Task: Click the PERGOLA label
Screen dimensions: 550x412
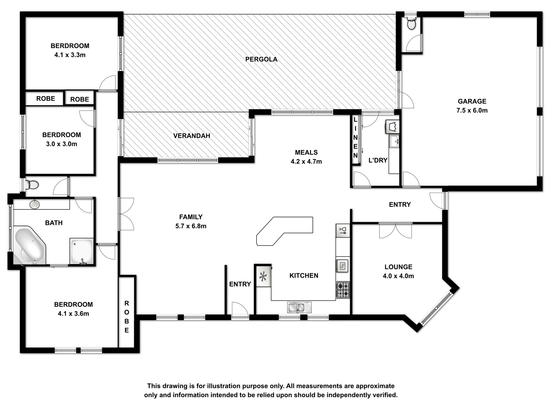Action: pos(261,59)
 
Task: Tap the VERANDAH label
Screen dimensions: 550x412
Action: pos(192,136)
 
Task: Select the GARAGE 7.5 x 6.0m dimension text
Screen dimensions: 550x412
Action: pos(472,110)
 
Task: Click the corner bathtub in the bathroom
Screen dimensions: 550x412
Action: pos(30,245)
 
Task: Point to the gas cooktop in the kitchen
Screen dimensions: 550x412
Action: pos(343,290)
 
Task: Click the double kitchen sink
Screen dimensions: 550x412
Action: pos(299,307)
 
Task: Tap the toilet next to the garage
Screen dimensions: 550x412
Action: pos(411,23)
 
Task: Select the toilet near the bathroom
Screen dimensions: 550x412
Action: pos(32,185)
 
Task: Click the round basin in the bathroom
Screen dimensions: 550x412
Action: pos(35,204)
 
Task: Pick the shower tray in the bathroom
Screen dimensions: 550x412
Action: pos(82,251)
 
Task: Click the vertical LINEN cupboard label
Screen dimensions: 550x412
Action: pos(355,138)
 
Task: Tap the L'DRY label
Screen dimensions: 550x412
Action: pos(378,160)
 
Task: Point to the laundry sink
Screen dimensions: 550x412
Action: pos(394,141)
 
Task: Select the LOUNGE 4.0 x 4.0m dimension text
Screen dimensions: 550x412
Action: pos(398,276)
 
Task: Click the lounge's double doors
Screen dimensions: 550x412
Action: pos(395,230)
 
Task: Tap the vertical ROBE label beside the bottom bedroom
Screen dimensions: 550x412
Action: pos(126,317)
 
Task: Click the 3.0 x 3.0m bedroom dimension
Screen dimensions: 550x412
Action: pos(62,144)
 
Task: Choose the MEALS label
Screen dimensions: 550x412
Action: pos(306,152)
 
